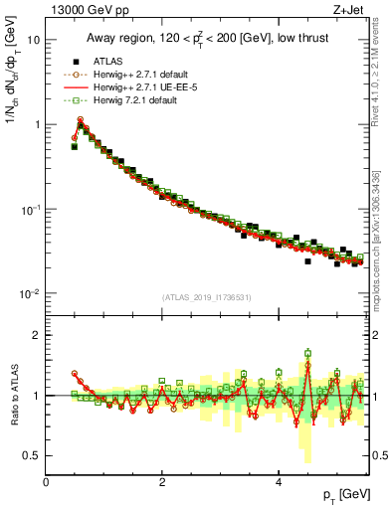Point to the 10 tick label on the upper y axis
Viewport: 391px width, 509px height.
click(34, 40)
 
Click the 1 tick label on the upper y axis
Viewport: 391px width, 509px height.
click(37, 125)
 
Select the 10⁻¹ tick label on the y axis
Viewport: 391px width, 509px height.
click(31, 210)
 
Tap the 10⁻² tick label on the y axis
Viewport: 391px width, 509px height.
click(31, 294)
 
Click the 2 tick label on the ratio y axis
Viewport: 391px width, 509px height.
click(36, 335)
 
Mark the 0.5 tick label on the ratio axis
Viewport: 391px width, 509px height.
click(33, 455)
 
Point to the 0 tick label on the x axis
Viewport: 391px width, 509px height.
click(47, 482)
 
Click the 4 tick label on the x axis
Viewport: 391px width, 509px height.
click(279, 482)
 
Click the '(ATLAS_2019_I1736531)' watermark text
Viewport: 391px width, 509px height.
click(207, 297)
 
